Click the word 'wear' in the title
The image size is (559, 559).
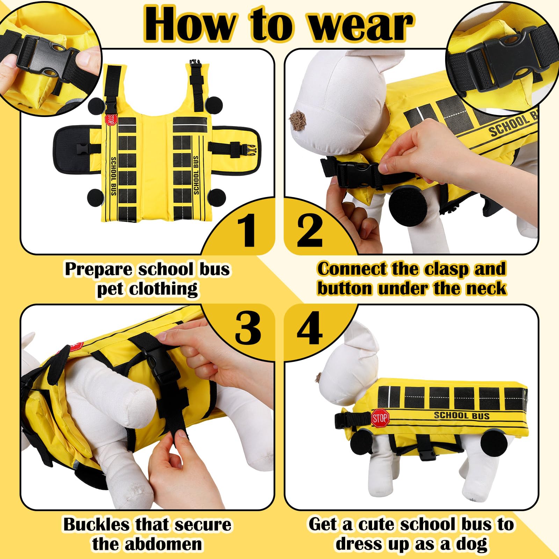[x=362, y=25]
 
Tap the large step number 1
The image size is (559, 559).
[x=248, y=231]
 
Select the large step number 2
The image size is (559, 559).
[x=310, y=231]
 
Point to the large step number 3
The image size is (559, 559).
[x=248, y=327]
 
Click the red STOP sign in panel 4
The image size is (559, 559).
[x=380, y=418]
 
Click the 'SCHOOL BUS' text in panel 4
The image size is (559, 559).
[x=462, y=415]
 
